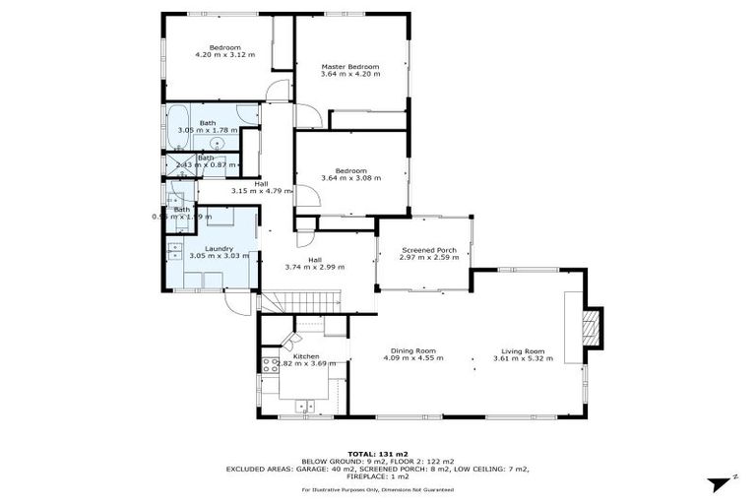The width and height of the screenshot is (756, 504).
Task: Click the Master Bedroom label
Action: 349,67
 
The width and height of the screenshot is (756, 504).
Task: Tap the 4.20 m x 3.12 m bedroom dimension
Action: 224,55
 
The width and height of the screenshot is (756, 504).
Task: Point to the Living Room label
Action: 523,350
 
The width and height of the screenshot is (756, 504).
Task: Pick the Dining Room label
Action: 412,350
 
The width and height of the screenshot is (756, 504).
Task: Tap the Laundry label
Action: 219,248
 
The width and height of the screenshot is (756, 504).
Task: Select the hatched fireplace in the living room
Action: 591,327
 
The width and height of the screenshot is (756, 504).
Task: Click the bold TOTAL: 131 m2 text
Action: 378,454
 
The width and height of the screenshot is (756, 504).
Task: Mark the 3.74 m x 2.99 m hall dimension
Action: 315,267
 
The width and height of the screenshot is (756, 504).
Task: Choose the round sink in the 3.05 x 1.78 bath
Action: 216,144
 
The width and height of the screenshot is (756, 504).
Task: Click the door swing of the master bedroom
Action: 307,117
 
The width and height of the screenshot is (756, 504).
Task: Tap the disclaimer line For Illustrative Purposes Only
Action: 378,489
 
